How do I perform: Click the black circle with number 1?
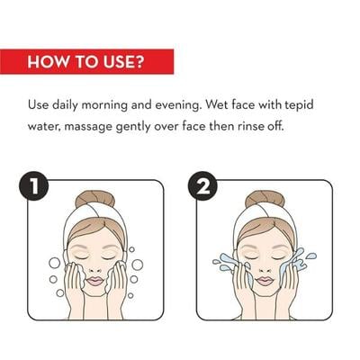[x=33, y=186]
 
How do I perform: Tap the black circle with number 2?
[x=202, y=186]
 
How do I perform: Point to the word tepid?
[x=299, y=105]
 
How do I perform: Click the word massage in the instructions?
[x=88, y=127]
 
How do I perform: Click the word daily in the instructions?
[x=64, y=105]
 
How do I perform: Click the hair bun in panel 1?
[x=94, y=199]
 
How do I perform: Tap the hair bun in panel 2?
[x=265, y=199]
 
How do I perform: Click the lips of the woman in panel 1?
[x=95, y=281]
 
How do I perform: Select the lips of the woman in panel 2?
[x=265, y=281]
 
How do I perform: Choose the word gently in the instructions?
[x=133, y=127]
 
